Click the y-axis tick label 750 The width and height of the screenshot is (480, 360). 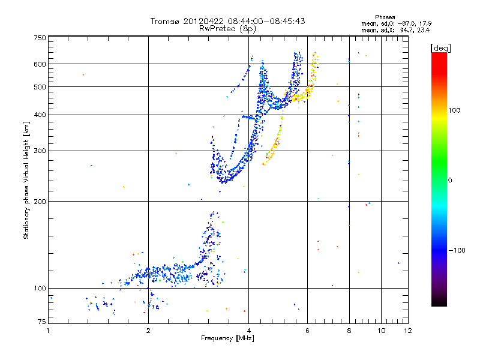pos(39,38)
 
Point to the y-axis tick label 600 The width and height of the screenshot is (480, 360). pos(39,64)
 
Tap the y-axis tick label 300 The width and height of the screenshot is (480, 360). pos(39,151)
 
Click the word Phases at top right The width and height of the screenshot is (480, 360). pos(385,17)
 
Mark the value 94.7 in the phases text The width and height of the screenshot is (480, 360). pos(405,29)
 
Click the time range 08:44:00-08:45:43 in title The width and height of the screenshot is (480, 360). pos(265,21)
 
